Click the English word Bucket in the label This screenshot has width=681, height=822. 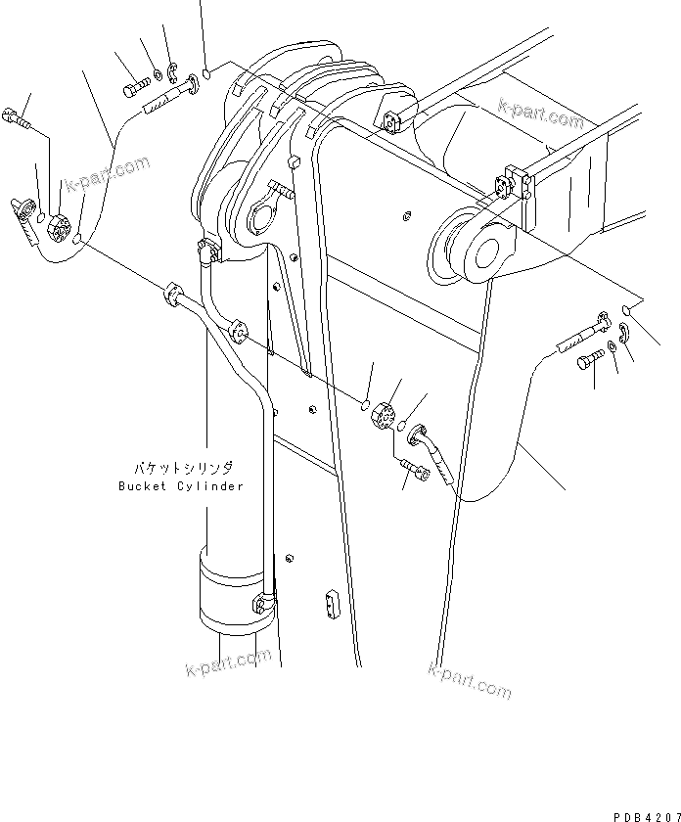coord(140,486)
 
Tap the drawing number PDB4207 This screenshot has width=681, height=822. coord(646,814)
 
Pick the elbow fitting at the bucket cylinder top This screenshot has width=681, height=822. coord(207,251)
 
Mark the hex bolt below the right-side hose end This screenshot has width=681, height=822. coord(587,364)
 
